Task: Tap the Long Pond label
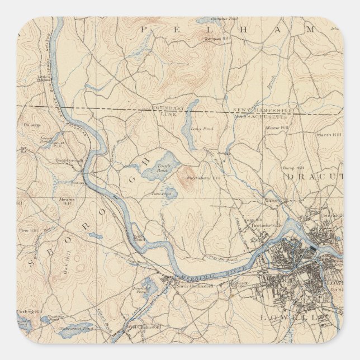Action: pos(197,129)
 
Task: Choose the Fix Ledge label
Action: pos(29,126)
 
